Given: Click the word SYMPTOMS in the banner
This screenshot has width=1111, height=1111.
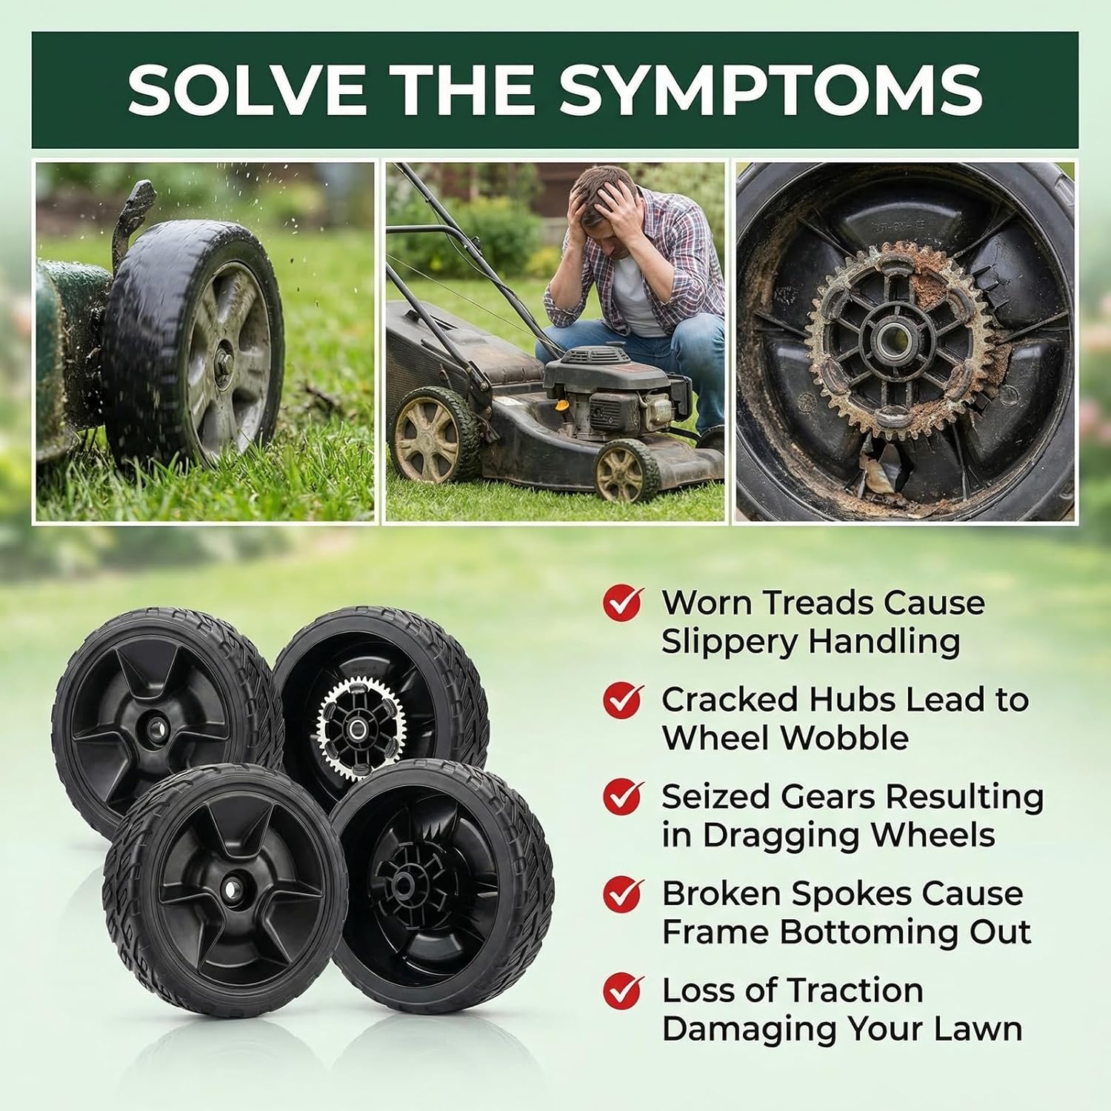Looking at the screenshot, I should tap(770, 90).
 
